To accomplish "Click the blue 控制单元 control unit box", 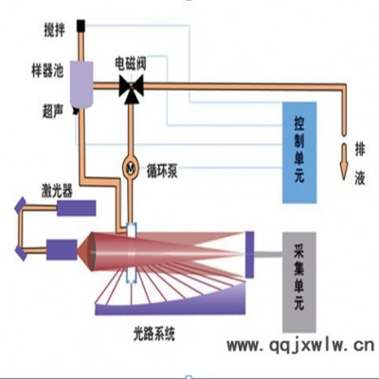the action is tap(299, 153).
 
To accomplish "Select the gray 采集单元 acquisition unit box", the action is tap(299, 282).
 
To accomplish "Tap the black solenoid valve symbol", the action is tap(132, 89).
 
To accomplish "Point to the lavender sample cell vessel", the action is tap(81, 84).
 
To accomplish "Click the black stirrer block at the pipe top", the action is tap(81, 26).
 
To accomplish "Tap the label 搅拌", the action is tap(54, 30).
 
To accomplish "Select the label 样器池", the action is tap(47, 70).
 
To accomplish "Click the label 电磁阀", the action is tap(131, 63).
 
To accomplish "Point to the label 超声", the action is tap(53, 111).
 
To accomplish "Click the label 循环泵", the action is tap(162, 171).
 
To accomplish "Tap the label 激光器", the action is tap(57, 190).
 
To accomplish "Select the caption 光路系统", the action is tap(153, 334).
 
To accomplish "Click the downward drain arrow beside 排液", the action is tap(344, 162).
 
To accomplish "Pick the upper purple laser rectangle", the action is tap(76, 208).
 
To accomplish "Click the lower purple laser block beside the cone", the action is tap(62, 249).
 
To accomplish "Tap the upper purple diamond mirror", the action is tap(21, 206).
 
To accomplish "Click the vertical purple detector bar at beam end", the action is tap(249, 255).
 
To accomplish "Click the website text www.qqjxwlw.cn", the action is tap(300, 346).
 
